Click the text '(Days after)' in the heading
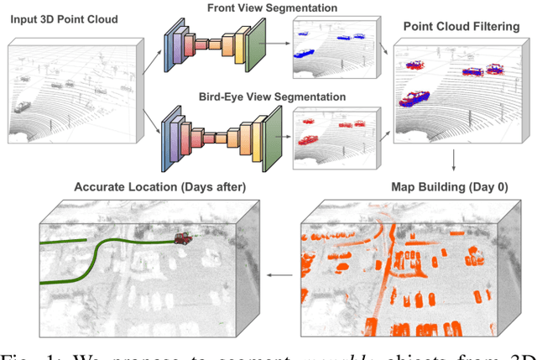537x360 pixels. pos(198,186)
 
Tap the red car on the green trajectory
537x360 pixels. pos(181,238)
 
